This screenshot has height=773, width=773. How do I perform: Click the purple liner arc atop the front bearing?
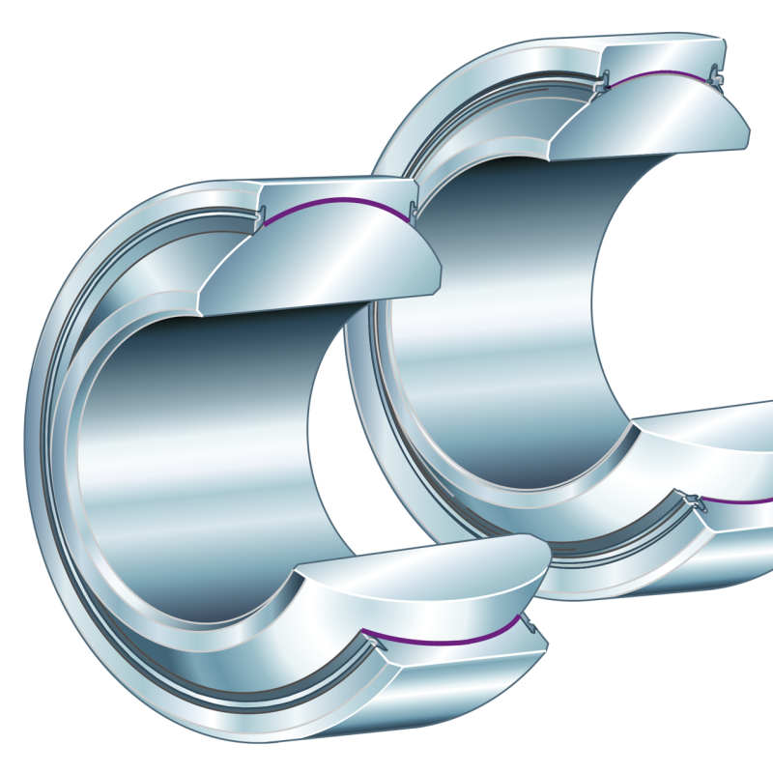[x=338, y=201]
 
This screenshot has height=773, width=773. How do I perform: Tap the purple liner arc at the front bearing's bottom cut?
[x=444, y=641]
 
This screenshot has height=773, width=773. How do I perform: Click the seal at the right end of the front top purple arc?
[x=414, y=210]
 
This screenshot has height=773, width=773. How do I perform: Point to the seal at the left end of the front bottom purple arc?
[x=368, y=637]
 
